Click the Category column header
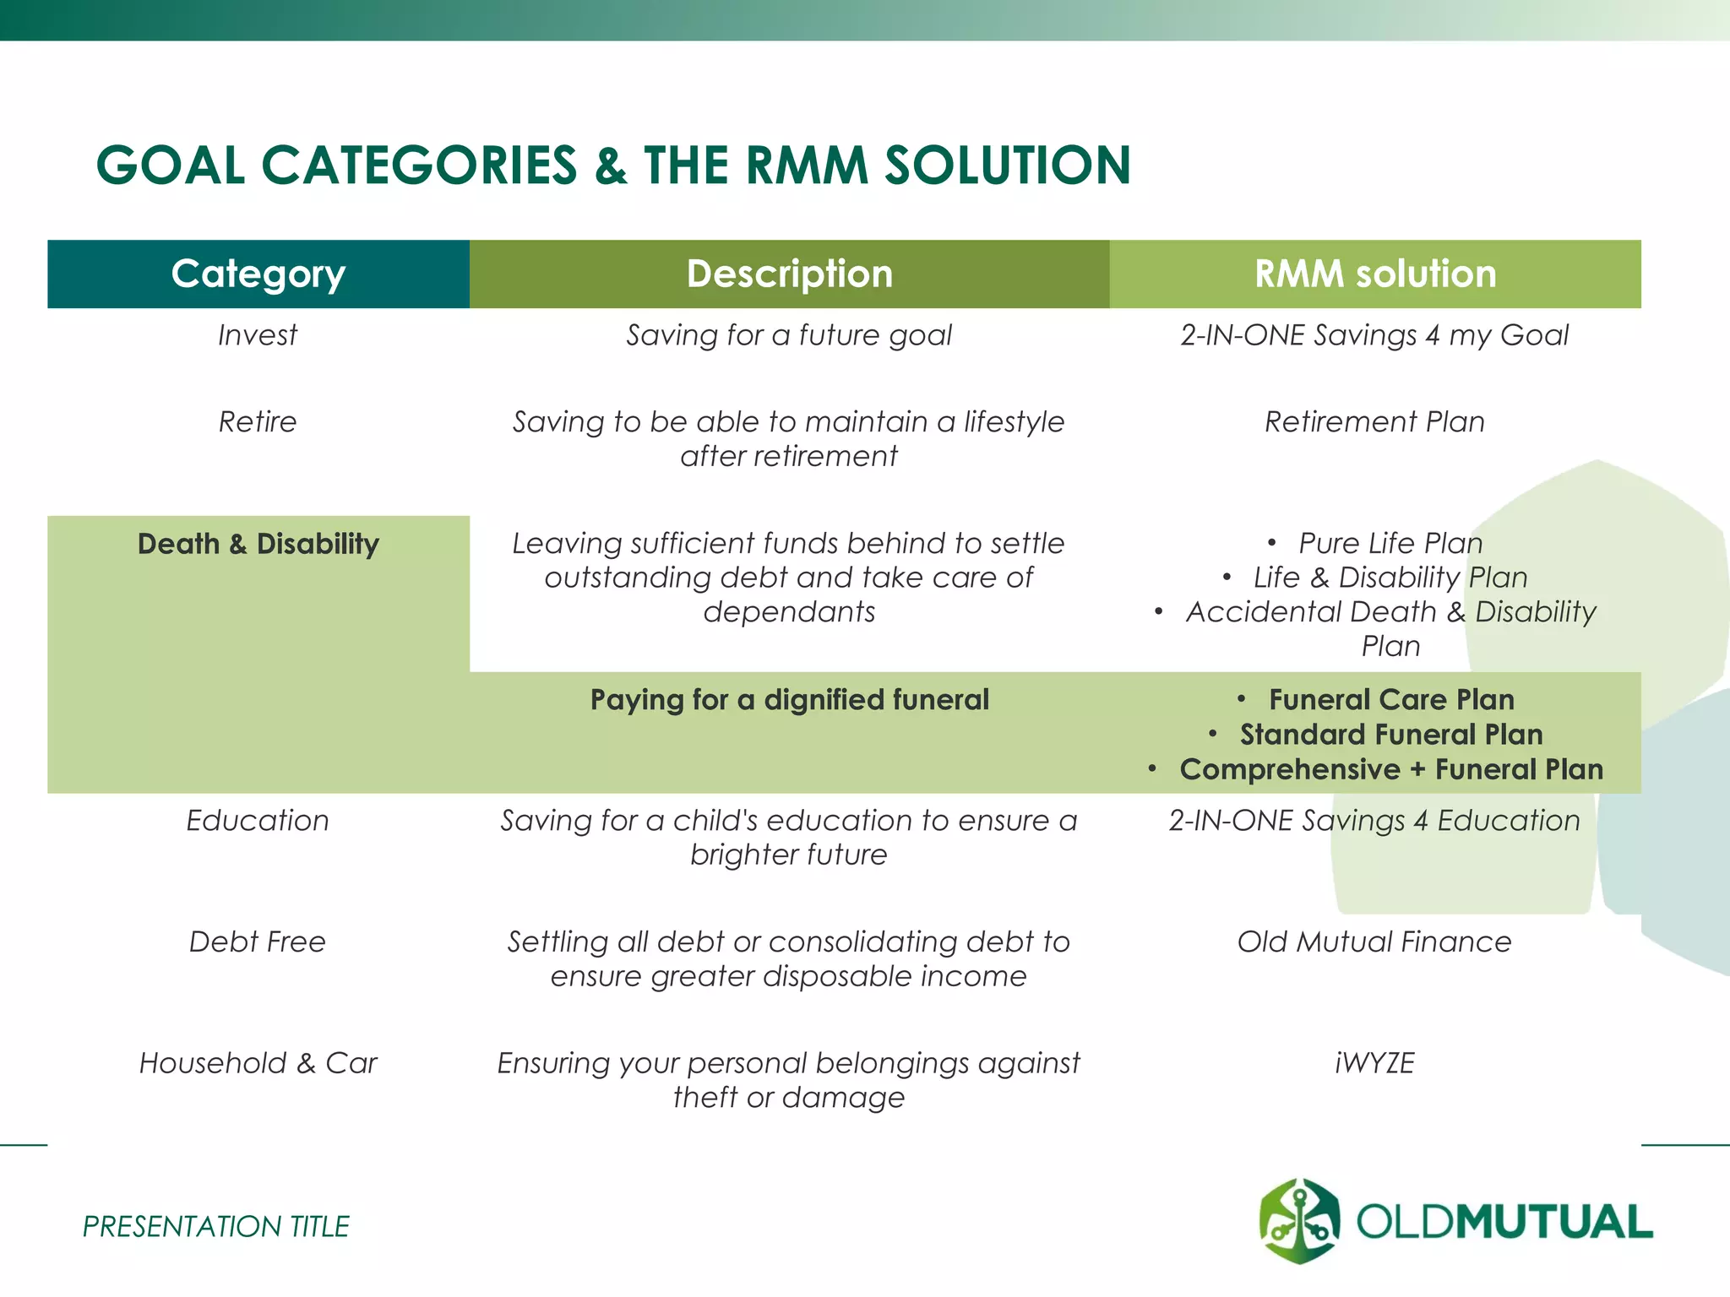click(x=258, y=274)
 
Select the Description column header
click(x=789, y=274)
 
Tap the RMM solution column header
click(x=1374, y=274)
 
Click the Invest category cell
click(x=258, y=335)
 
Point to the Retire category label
click(x=258, y=421)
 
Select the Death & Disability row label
click(x=258, y=544)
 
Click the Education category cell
click(x=258, y=821)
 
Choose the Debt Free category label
click(x=258, y=942)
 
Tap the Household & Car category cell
click(x=258, y=1063)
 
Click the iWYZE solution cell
click(x=1374, y=1063)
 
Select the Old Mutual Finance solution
click(x=1374, y=942)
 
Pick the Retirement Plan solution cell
click(x=1374, y=421)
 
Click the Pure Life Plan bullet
click(x=1390, y=543)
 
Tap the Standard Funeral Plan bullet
click(x=1390, y=735)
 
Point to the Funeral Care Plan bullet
click(x=1390, y=700)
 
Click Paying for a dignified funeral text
click(x=789, y=700)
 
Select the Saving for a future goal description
click(x=789, y=335)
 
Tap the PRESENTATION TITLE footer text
click(x=215, y=1226)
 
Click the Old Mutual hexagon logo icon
click(x=1299, y=1221)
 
